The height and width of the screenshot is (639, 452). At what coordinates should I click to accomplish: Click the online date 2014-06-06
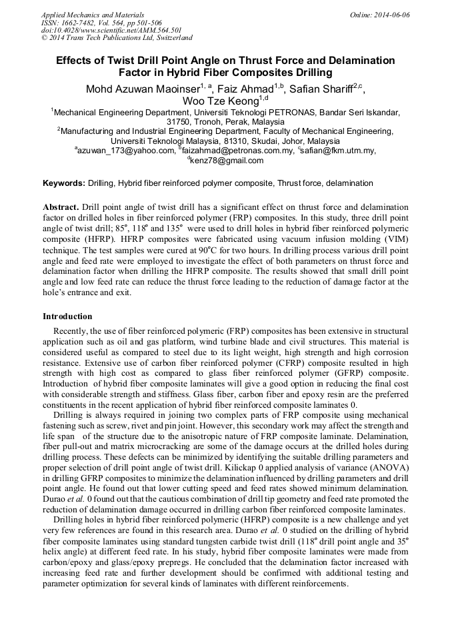(391, 14)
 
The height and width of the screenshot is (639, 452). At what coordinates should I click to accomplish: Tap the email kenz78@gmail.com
(227, 161)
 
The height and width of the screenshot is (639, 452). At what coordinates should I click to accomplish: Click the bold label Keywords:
(64, 183)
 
